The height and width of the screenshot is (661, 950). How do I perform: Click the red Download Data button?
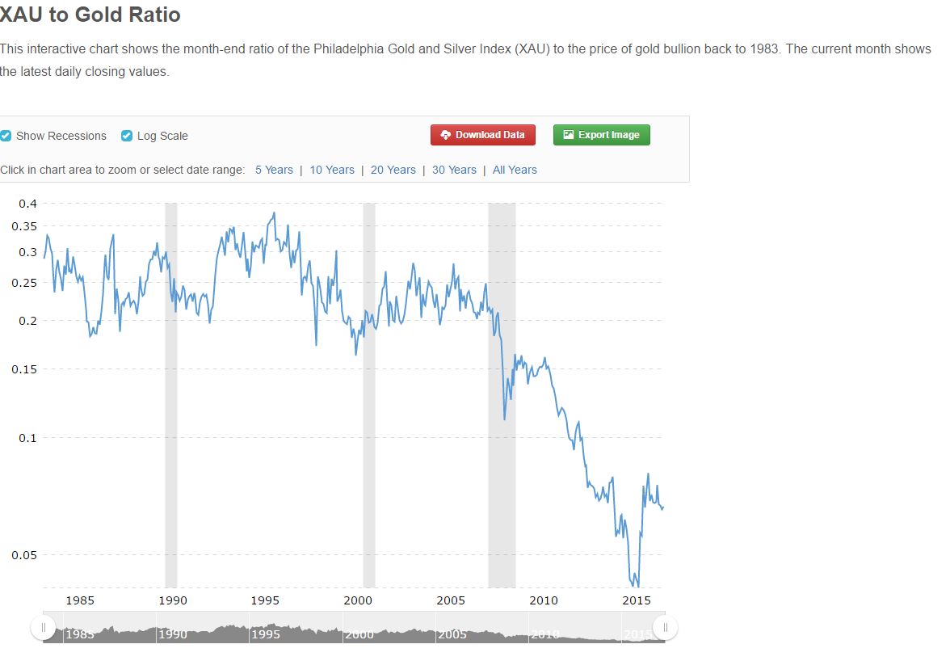(x=483, y=135)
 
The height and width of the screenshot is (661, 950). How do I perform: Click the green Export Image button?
(x=601, y=135)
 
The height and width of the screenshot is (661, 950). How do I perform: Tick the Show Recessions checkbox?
(x=6, y=136)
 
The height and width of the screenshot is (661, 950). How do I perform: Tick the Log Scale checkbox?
(x=127, y=136)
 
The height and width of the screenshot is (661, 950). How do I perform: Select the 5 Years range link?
(x=274, y=170)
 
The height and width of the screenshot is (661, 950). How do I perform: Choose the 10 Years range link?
(x=332, y=170)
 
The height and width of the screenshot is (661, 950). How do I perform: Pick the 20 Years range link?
(x=393, y=170)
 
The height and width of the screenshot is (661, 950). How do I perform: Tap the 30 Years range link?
(x=454, y=170)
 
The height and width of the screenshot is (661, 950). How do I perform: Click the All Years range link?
(x=515, y=170)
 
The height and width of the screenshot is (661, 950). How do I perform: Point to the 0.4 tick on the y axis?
(x=27, y=203)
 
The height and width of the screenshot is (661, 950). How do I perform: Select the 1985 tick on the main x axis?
(x=80, y=600)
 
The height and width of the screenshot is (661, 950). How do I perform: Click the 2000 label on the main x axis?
(x=358, y=600)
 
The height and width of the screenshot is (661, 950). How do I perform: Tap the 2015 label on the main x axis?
(x=637, y=600)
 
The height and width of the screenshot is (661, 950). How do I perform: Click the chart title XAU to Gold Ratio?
(x=90, y=15)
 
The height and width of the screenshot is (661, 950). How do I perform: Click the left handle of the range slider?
(x=44, y=628)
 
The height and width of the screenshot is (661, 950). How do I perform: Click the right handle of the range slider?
(x=665, y=628)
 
